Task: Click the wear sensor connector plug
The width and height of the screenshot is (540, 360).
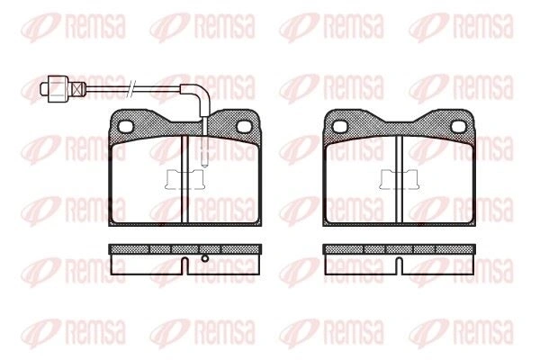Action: (58, 89)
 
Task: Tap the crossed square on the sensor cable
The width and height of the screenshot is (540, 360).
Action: (78, 89)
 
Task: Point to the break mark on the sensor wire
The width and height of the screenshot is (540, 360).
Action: (132, 89)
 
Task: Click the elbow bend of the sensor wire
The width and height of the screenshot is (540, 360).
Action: (201, 93)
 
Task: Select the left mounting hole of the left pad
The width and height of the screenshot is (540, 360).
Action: (125, 127)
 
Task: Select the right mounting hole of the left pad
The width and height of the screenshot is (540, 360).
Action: (244, 127)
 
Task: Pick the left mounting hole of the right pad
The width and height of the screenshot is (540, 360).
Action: (339, 127)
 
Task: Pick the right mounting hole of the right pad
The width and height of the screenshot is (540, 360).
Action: (458, 127)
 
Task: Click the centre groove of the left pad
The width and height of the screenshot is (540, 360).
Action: (184, 179)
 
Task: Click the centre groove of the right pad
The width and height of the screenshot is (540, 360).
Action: (400, 179)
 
